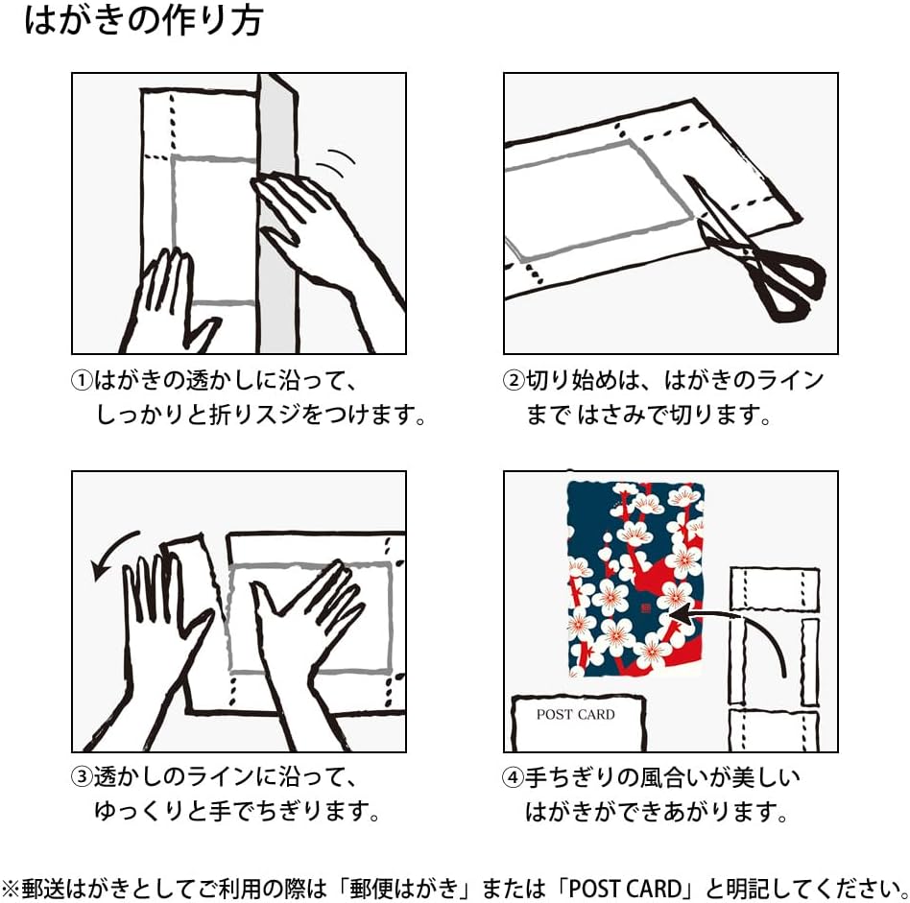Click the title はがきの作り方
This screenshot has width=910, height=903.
144,21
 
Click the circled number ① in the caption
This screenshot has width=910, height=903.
82,381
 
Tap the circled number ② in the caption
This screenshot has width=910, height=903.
514,381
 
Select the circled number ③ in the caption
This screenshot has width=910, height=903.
82,777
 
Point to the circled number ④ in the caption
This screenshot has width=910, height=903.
514,777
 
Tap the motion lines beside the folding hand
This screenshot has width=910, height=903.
337,162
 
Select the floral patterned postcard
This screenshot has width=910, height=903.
636,580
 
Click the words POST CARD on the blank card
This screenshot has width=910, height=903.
575,714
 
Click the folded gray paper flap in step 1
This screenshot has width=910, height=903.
277,214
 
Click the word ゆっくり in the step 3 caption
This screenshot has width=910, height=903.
139,811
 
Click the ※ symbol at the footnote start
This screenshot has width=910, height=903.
11,889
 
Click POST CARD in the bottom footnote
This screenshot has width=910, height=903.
625,889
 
